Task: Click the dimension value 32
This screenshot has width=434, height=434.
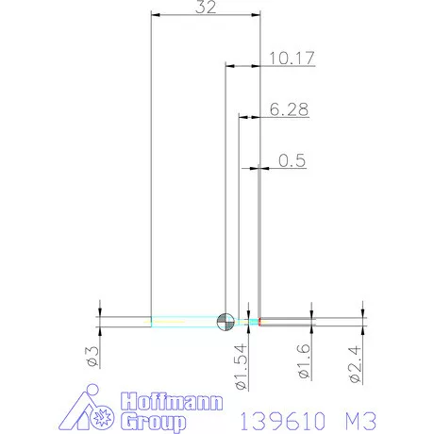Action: point(206,8)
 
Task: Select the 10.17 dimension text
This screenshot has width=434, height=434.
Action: point(291,58)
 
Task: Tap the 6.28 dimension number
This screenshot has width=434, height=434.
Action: point(288,109)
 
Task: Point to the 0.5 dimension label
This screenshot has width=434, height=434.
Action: point(292,160)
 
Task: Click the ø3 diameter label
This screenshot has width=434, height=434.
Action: point(92,356)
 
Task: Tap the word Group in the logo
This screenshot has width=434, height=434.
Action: point(154,422)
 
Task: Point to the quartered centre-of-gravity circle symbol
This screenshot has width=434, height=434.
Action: point(225,321)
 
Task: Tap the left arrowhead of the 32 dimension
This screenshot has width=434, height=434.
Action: point(156,15)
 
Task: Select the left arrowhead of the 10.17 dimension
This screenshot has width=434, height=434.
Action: point(229,66)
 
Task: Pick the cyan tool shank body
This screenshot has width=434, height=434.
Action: point(184,321)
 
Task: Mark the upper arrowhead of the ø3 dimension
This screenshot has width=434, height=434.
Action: point(100,310)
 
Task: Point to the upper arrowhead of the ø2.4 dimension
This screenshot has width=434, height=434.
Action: point(362,310)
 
